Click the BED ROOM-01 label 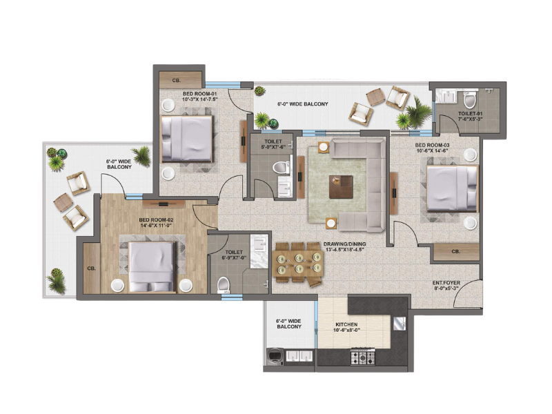click(199, 94)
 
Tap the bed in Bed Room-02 click(152, 267)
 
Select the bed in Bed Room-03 click(452, 188)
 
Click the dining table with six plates click(299, 264)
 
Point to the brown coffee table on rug click(341, 186)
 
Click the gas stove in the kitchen click(363, 357)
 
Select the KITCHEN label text click(346, 324)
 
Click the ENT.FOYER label click(446, 283)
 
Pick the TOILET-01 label click(471, 114)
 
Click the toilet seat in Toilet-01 click(469, 100)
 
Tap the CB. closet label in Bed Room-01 click(177, 80)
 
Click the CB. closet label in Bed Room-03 click(455, 252)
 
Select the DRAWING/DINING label click(344, 244)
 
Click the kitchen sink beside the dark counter click(399, 324)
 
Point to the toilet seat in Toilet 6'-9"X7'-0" click(223, 285)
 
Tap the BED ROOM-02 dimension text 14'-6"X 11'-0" click(156, 226)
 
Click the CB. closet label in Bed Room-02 click(91, 268)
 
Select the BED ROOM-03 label click(432, 145)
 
